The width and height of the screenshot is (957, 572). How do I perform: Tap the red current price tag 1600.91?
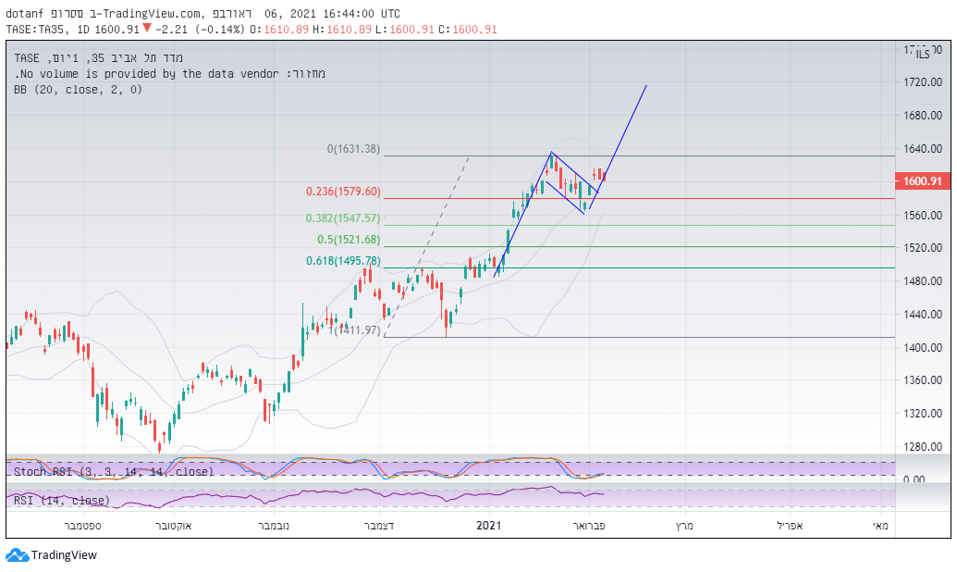click(x=922, y=181)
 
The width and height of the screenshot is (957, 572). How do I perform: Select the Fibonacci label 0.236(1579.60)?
click(x=343, y=192)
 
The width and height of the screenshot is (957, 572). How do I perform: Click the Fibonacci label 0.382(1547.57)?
click(x=343, y=218)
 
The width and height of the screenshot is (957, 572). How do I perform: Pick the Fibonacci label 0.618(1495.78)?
click(x=343, y=261)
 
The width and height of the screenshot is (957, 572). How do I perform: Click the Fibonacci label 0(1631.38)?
click(x=353, y=149)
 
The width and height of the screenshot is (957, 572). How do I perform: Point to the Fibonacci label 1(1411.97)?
click(x=354, y=330)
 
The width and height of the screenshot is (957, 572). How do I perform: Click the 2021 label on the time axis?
click(x=488, y=526)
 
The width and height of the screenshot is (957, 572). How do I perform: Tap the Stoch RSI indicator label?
click(x=114, y=471)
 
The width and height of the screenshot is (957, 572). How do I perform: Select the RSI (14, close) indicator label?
click(x=62, y=501)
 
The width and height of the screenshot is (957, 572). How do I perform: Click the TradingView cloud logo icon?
click(x=17, y=555)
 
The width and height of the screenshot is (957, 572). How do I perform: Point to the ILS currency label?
click(x=923, y=56)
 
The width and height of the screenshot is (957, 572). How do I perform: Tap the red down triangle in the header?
click(x=146, y=29)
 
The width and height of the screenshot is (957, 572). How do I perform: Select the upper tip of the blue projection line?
click(x=646, y=85)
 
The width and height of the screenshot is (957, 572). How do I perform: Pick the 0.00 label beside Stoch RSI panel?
click(x=914, y=479)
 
